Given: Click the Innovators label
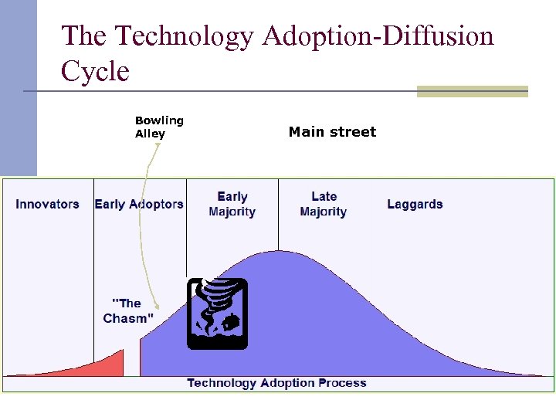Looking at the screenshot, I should [x=47, y=205].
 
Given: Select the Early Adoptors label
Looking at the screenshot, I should [x=139, y=205].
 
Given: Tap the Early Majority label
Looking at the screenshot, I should [x=232, y=205].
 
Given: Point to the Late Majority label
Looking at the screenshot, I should [x=324, y=205].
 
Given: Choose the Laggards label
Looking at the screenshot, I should [x=415, y=205].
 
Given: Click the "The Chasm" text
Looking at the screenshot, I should [x=128, y=310].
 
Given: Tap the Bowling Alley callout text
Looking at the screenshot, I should [x=159, y=127].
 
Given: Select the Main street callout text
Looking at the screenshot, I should [x=332, y=132].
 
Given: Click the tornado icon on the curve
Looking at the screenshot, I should [x=218, y=314].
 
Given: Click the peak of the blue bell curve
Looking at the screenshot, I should [x=278, y=252].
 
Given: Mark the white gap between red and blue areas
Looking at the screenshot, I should [x=131, y=363].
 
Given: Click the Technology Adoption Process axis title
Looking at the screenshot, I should [x=276, y=383].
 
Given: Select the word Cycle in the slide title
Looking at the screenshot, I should [x=95, y=71].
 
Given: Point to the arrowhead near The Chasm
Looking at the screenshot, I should [x=156, y=306].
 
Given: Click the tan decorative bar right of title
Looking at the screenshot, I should [x=472, y=91].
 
